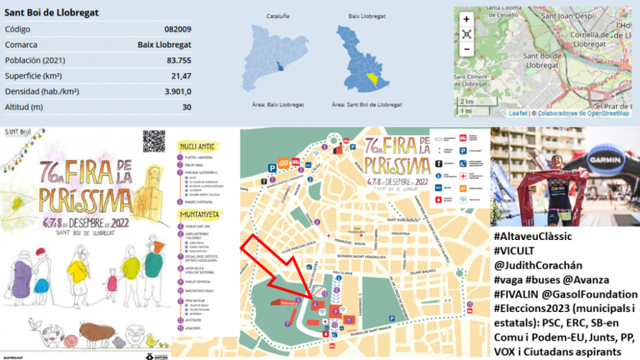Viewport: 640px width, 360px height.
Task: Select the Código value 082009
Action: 177,29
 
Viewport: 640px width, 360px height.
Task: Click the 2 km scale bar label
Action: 466,101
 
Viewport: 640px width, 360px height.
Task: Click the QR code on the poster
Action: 154,141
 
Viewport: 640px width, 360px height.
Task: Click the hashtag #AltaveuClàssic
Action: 533,237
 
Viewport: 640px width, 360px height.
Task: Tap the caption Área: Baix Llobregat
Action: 278,105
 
